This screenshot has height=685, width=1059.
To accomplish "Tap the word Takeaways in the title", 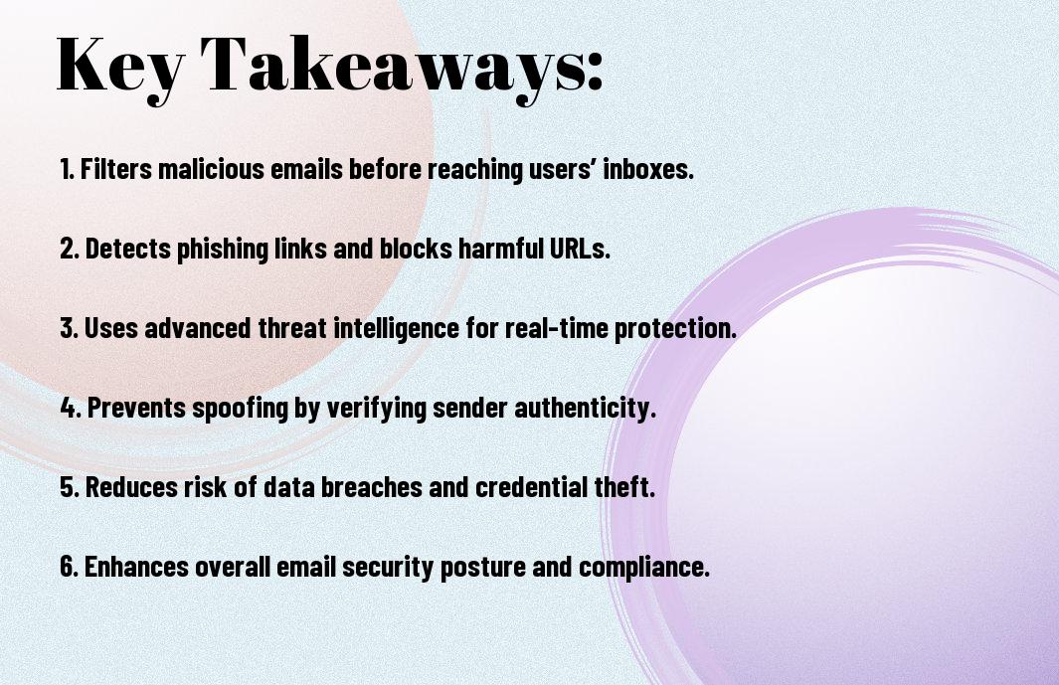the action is click(393, 67).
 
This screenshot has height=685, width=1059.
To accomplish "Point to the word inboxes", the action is click(648, 169).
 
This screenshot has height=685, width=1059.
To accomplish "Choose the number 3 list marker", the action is click(69, 328).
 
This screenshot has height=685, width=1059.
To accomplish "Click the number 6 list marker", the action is click(69, 566).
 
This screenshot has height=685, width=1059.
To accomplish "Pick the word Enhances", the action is click(136, 566).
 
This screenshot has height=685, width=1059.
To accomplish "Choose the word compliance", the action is click(644, 566).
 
